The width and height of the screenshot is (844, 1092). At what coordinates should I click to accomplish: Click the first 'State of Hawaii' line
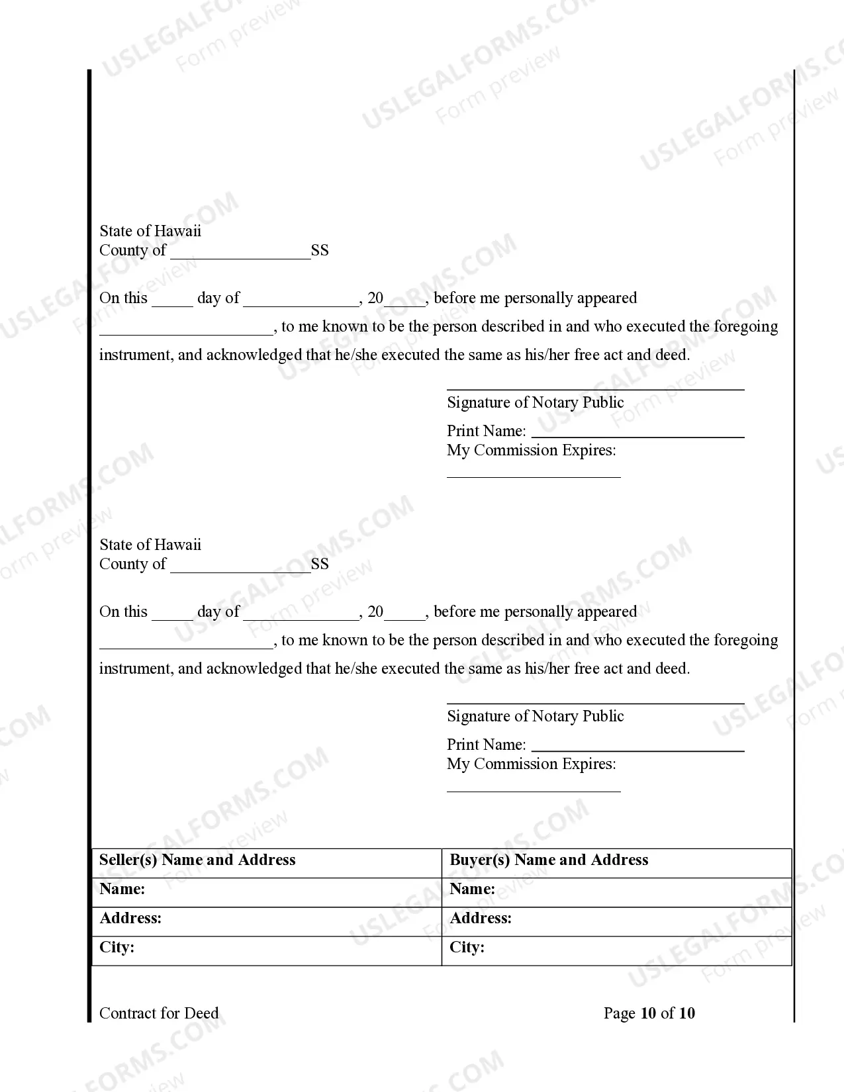[x=150, y=231]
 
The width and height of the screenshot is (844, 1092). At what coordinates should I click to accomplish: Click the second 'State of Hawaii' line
[x=150, y=545]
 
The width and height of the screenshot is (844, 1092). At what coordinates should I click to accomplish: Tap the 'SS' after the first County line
[x=320, y=251]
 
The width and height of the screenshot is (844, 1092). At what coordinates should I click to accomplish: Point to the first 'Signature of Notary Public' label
[x=535, y=402]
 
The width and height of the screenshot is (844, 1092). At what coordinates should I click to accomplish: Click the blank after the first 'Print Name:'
[x=638, y=434]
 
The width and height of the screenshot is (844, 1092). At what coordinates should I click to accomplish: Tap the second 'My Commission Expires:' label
[x=531, y=764]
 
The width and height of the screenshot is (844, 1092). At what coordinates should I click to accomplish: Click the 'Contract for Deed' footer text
[x=159, y=1013]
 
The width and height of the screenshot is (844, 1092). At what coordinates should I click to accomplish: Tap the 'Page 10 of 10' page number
[x=649, y=1013]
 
